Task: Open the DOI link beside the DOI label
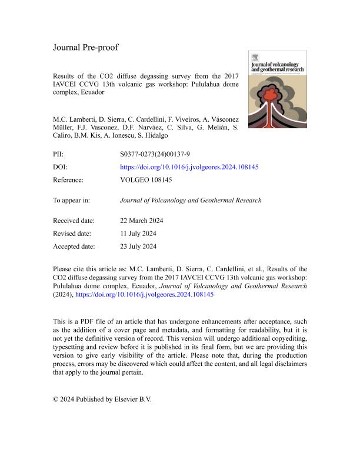coord(189,167)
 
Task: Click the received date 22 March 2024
coord(141,221)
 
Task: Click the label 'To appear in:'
coord(71,200)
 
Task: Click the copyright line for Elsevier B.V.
coord(102,399)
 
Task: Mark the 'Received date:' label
coord(74,221)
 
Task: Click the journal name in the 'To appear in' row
coord(190,200)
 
